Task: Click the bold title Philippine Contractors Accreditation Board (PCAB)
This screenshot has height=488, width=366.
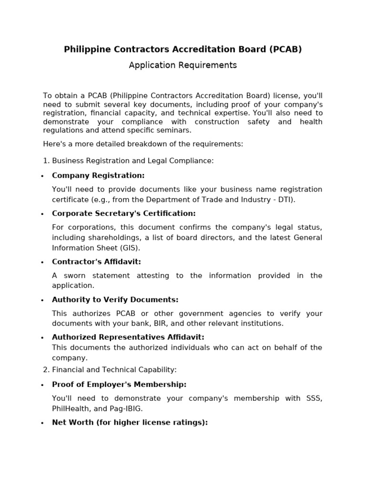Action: click(x=183, y=50)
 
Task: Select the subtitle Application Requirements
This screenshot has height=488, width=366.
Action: click(x=183, y=65)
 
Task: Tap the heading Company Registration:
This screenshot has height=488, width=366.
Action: click(x=98, y=175)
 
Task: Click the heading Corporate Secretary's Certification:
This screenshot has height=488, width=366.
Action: click(x=124, y=213)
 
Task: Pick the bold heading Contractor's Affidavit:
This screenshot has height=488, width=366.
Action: click(x=96, y=262)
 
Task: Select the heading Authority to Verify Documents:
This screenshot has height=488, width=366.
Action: click(x=115, y=300)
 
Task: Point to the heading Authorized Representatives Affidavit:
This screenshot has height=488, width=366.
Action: click(x=128, y=337)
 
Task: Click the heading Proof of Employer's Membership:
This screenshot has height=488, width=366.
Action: click(x=119, y=385)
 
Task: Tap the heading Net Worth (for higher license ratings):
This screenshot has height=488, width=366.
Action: click(x=130, y=423)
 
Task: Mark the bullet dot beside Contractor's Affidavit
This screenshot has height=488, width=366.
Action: click(x=42, y=263)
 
